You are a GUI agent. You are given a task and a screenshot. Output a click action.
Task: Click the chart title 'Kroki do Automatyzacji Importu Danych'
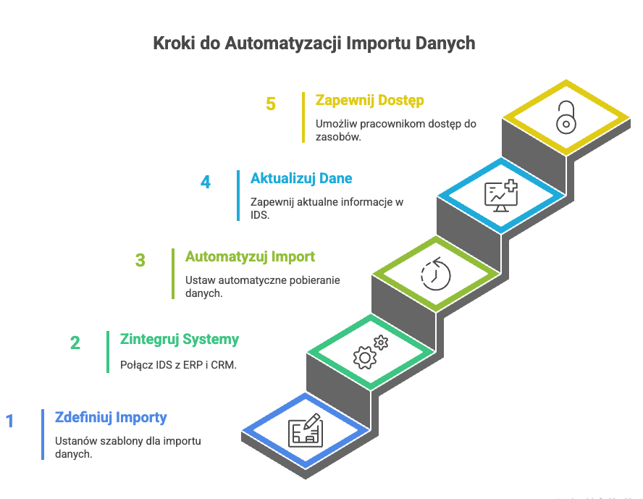314,43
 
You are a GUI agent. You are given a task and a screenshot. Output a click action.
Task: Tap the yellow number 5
271,104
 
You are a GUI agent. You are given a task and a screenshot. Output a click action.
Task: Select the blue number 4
206,182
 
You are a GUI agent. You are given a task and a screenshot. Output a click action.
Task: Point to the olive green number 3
140,261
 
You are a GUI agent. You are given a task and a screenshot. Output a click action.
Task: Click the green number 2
75,343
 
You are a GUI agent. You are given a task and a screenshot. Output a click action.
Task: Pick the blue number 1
10,421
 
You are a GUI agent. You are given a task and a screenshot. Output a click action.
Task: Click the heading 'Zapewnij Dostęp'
369,101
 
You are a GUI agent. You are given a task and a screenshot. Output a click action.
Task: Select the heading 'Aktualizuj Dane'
301,178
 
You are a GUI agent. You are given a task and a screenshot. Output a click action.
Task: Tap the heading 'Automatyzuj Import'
250,257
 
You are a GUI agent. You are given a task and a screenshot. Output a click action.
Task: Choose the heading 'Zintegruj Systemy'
180,339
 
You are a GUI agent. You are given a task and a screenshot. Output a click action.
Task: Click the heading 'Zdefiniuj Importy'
112,417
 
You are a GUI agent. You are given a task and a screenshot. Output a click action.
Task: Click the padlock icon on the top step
566,117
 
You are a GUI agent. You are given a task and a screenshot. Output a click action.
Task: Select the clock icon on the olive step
436,274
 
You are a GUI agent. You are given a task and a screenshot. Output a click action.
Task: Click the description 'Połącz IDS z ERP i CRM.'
179,365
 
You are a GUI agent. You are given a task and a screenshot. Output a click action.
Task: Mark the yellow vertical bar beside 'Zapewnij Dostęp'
303,117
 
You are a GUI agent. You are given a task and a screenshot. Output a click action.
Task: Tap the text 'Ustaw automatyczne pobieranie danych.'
262,287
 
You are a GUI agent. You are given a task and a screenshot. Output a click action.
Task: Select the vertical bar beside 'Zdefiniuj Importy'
43,434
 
